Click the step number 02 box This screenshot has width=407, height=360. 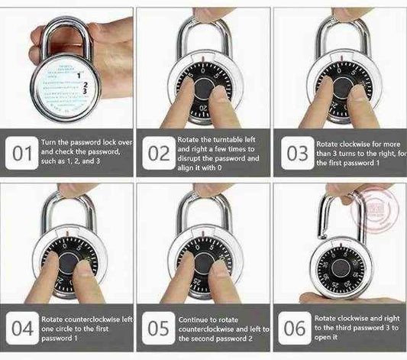pos(158,153)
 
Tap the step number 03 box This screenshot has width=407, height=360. pos(296,153)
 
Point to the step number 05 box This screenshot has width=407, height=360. pos(158,329)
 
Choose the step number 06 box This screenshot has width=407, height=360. pos(296,329)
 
